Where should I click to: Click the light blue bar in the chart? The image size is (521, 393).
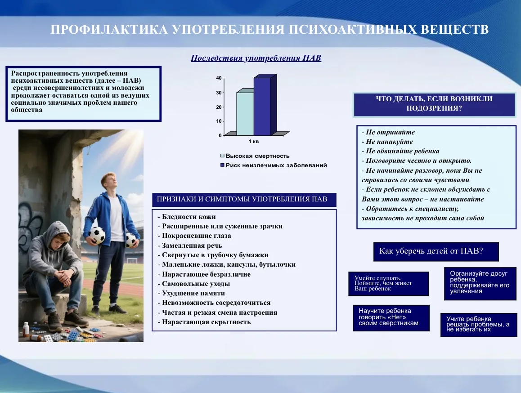coord(245,114)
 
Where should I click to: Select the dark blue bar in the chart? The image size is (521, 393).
coord(262,106)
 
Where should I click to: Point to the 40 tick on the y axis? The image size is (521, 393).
coord(219,78)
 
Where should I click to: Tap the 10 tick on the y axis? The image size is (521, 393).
coord(219,121)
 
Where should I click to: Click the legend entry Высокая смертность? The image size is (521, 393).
coord(255,156)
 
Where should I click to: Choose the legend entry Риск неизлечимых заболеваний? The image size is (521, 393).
coord(274,165)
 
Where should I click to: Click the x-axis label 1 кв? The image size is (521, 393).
coord(253,142)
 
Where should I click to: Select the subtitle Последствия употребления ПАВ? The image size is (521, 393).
coord(256,58)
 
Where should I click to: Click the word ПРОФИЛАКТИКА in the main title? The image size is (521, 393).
coord(109,30)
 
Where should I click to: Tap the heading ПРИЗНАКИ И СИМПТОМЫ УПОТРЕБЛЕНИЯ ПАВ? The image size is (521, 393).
coord(242,199)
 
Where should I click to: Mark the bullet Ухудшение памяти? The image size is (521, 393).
coord(191,293)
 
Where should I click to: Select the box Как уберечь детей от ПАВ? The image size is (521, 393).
coord(436,251)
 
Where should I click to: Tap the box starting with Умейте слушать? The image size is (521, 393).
coord(388,284)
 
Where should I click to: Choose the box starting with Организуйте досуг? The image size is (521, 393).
coord(480,283)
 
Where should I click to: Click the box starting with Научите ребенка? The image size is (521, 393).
coord(391,318)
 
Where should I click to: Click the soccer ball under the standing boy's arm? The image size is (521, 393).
coord(97,235)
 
